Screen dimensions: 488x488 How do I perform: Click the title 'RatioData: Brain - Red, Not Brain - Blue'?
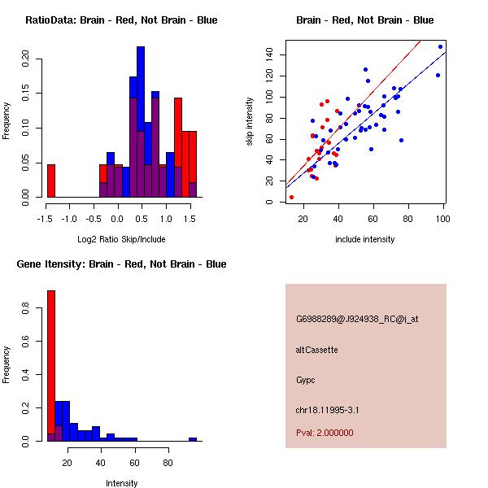tap(121, 20)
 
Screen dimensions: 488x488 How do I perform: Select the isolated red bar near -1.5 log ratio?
tap(51, 181)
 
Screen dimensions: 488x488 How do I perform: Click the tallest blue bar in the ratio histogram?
tap(141, 122)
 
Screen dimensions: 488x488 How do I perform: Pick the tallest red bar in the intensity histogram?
tap(51, 365)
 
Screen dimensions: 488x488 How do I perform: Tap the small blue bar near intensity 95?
tap(193, 439)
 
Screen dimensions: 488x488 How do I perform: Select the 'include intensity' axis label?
tap(365, 240)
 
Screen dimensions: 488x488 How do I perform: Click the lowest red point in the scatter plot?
tap(291, 197)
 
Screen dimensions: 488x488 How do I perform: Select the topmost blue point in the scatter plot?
tap(440, 46)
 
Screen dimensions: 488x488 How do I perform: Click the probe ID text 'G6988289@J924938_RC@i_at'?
tap(357, 320)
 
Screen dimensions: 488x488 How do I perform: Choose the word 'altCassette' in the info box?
tap(316, 350)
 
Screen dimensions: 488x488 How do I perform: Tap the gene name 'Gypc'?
tap(307, 380)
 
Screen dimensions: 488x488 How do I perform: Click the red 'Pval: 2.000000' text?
tap(325, 433)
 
